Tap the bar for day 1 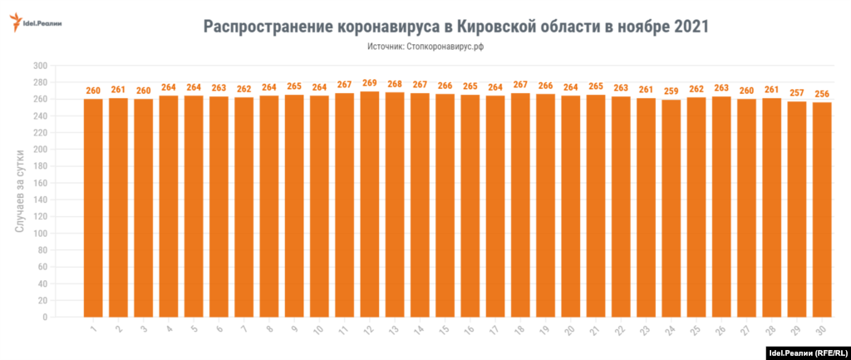[93, 208]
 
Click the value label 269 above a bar [370, 83]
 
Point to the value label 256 [822, 94]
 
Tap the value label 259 [671, 91]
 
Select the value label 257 [797, 93]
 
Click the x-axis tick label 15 [444, 332]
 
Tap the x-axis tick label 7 [244, 331]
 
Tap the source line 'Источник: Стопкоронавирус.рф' [425, 47]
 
